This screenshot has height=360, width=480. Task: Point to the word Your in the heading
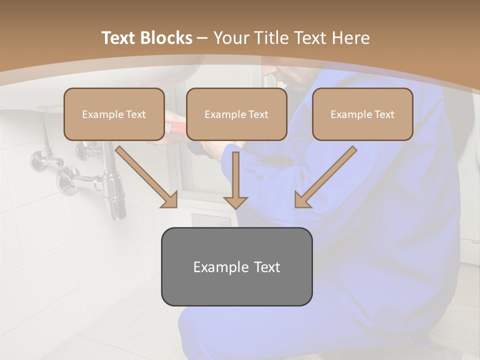coord(230,38)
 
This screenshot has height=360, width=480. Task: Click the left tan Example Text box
coord(114,114)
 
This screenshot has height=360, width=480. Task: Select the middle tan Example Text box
coord(236,114)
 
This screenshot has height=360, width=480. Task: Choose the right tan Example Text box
coord(362,114)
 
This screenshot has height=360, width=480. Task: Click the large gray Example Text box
coord(236,266)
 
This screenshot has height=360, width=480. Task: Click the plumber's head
coord(290,77)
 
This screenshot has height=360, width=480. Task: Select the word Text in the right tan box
coord(384,114)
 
